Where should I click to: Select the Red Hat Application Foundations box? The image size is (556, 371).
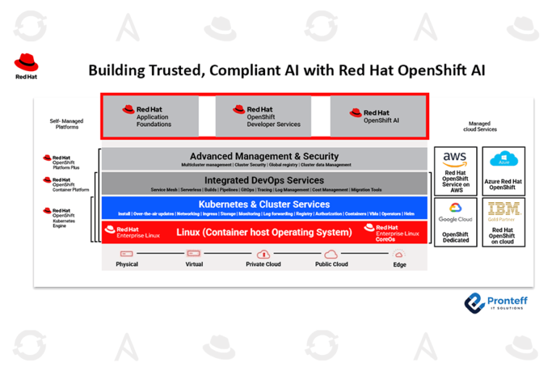point(150,116)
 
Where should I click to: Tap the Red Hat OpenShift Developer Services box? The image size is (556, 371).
point(263,117)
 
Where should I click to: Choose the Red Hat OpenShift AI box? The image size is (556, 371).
point(376,116)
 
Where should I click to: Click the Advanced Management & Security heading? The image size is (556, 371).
point(264,156)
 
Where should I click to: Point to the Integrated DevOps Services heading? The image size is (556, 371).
point(264,180)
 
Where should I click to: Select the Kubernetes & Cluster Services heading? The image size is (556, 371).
point(264,204)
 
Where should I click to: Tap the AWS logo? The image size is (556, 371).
point(455,158)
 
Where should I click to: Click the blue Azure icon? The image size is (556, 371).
point(501,159)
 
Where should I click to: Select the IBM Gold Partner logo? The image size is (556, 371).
point(501,211)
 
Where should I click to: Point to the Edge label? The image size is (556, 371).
point(399,264)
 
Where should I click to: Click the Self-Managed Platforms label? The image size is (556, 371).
point(66,124)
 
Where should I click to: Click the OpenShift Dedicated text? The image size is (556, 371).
point(455,238)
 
